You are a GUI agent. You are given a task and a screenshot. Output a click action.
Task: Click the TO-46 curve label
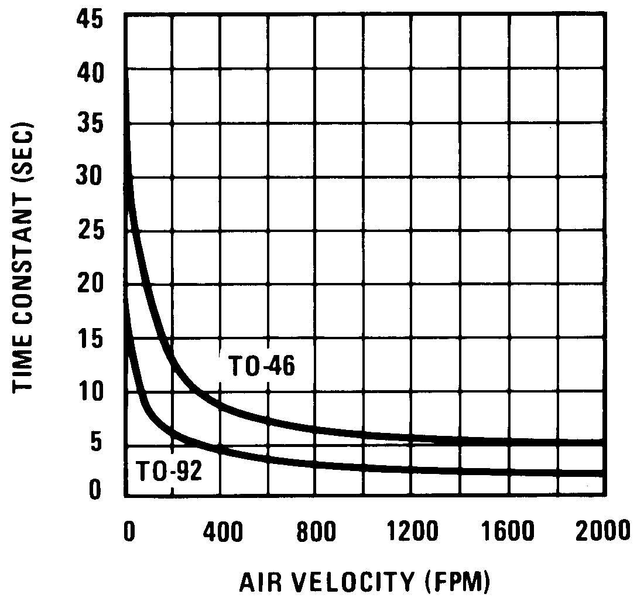261,367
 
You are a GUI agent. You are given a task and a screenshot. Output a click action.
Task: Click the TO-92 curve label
169,472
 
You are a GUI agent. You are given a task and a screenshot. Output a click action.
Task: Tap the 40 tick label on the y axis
90,73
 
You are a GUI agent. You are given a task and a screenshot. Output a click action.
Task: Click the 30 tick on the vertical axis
90,178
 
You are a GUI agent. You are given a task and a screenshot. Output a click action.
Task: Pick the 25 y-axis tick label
90,231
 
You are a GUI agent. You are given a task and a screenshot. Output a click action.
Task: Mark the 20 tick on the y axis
90,284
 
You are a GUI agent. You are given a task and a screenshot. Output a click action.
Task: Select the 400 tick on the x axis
222,533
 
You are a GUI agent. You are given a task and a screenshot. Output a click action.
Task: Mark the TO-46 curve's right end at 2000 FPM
603,442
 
